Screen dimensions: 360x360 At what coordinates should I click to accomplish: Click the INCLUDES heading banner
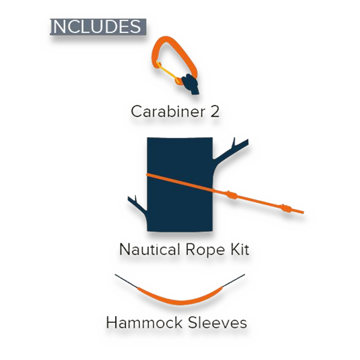pyautogui.click(x=98, y=27)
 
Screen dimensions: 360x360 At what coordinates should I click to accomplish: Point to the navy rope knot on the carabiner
pyautogui.click(x=191, y=84)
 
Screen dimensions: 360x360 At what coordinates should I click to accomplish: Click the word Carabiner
pyautogui.click(x=168, y=111)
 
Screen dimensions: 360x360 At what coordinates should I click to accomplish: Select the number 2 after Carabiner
pyautogui.click(x=215, y=112)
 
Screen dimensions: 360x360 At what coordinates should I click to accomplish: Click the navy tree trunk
pyautogui.click(x=180, y=184)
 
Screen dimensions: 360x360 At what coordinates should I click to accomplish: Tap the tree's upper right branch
pyautogui.click(x=230, y=150)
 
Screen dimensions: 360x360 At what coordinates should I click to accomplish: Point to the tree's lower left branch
pyautogui.click(x=137, y=205)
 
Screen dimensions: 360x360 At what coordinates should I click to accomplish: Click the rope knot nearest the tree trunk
pyautogui.click(x=232, y=195)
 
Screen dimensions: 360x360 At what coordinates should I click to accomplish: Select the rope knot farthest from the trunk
pyautogui.click(x=287, y=208)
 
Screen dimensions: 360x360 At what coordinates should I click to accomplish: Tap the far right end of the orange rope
pyautogui.click(x=303, y=213)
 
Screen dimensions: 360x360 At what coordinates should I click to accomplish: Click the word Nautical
pyautogui.click(x=149, y=250)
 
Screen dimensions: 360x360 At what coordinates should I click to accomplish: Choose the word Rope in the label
pyautogui.click(x=205, y=250)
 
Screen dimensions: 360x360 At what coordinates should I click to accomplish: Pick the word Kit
pyautogui.click(x=240, y=250)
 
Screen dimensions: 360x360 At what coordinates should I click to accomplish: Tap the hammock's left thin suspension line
pyautogui.click(x=126, y=280)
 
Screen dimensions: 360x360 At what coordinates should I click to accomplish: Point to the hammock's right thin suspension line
pyautogui.click(x=234, y=280)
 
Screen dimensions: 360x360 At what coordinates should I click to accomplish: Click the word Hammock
pyautogui.click(x=144, y=322)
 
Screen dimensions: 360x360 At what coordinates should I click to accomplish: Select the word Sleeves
pyautogui.click(x=217, y=322)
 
